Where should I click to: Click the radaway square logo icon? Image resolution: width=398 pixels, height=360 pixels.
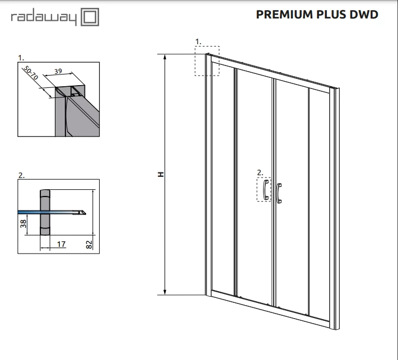[x=90, y=17]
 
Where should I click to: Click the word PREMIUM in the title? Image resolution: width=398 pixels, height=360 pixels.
[x=284, y=15]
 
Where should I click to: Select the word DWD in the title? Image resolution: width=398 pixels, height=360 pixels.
[x=364, y=15]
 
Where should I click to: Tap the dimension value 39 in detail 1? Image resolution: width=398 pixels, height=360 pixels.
[x=58, y=71]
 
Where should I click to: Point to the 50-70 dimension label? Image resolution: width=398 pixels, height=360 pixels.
[x=31, y=73]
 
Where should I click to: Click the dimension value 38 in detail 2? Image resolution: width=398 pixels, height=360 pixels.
[x=23, y=223]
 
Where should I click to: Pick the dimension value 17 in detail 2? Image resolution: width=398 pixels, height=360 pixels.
[x=61, y=244]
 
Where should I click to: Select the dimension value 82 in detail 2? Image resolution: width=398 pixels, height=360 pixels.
[x=89, y=245]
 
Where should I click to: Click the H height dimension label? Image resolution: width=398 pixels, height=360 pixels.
[x=161, y=175]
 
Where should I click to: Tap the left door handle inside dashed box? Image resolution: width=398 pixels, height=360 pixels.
[x=266, y=190]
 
